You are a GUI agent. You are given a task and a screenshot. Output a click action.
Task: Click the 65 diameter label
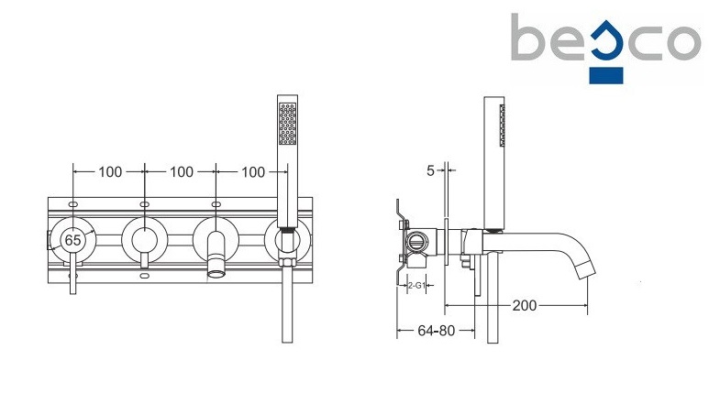point(72,240)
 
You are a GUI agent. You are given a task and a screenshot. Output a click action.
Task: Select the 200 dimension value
point(525,306)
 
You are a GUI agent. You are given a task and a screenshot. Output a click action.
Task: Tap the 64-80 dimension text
point(436,331)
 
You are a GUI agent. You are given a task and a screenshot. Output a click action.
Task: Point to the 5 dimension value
point(430,170)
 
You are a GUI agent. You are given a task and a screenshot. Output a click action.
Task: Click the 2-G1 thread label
point(416,285)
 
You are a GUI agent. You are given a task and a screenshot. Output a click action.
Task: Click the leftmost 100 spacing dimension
point(110,172)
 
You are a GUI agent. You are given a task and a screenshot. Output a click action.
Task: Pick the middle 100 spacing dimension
point(182,172)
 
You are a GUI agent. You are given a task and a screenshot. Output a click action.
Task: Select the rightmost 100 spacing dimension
point(253,172)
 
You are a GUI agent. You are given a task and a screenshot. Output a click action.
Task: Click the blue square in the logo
point(606,75)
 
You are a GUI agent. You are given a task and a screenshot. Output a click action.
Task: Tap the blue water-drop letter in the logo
point(607,43)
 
